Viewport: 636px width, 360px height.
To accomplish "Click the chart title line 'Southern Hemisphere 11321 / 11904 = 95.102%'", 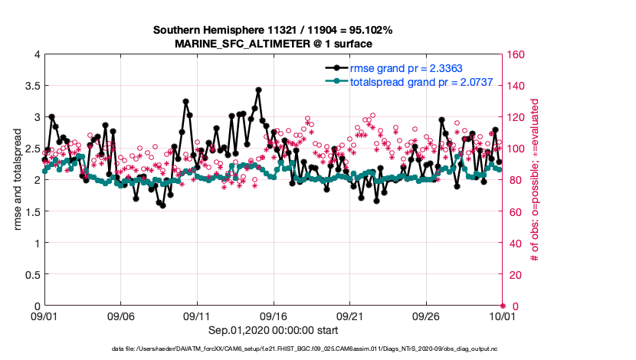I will click(x=273, y=31).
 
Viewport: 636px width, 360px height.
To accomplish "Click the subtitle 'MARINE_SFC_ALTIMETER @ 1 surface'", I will click(x=273, y=44).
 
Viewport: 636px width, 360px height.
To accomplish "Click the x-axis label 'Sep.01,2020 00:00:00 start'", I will click(x=273, y=329).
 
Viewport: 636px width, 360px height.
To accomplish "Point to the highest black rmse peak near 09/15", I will click(x=257, y=89).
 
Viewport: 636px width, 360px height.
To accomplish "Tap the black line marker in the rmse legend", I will click(x=335, y=68).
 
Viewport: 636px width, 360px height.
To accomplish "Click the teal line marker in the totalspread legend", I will click(x=335, y=80).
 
